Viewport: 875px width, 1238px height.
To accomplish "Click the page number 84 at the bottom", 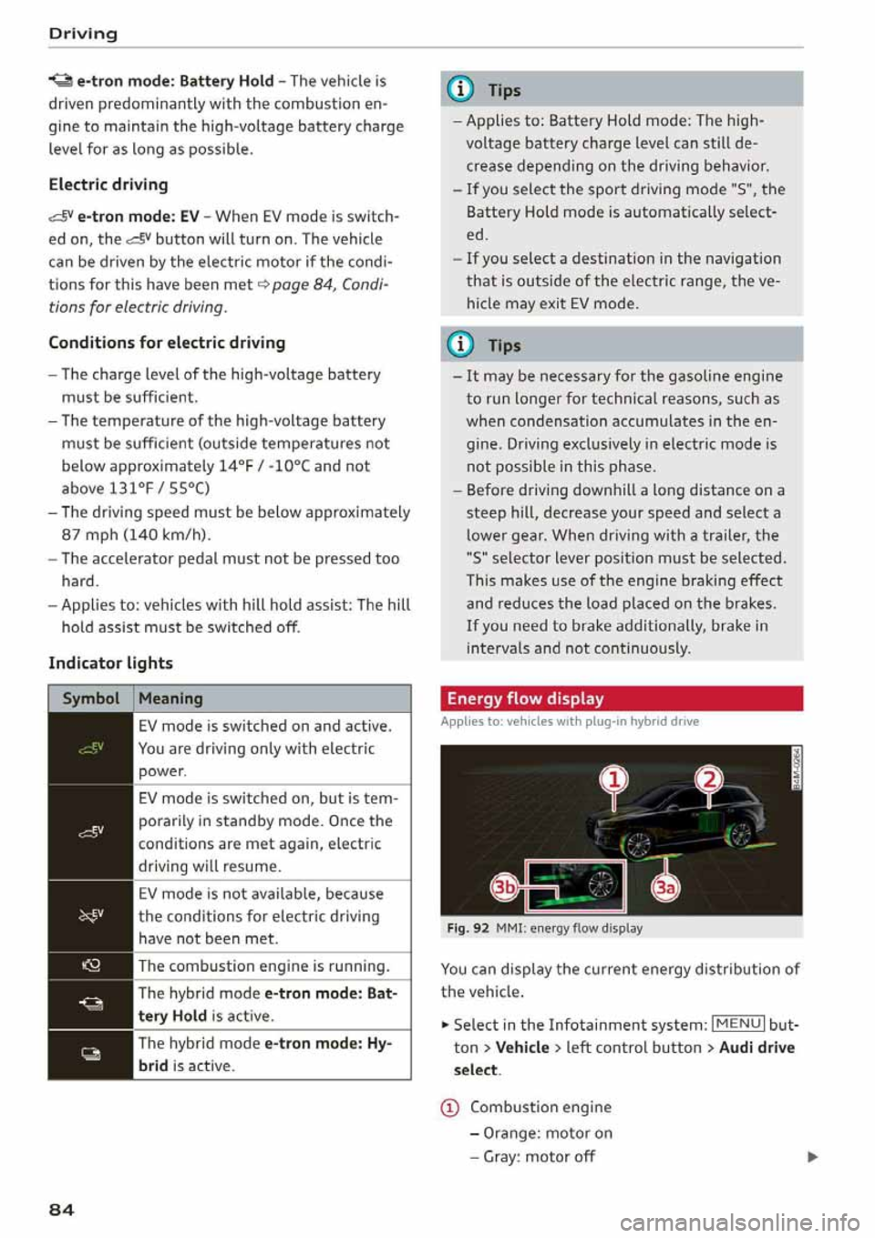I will point(61,1210).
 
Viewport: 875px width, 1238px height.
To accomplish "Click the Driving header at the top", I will point(83,34).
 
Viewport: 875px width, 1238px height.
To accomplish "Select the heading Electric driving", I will point(108,184).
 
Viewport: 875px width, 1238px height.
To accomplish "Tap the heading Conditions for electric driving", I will point(167,343).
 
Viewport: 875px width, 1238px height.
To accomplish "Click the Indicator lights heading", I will point(110,663).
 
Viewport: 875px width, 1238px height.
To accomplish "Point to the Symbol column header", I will point(90,698).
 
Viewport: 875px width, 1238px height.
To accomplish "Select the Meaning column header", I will point(170,698).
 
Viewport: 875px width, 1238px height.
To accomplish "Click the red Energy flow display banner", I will point(621,698).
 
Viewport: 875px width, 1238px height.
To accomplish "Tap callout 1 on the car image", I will point(614,779).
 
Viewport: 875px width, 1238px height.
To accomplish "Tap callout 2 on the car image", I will point(708,779).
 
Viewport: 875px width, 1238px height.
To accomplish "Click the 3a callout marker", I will point(666,887).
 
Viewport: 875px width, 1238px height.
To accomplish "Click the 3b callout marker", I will point(505,887).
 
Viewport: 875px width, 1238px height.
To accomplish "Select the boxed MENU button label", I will point(738,1024).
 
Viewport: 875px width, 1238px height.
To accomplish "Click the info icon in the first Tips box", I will point(462,89).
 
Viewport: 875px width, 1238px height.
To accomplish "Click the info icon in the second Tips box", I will point(462,345).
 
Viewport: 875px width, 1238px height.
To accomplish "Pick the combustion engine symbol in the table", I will point(91,965).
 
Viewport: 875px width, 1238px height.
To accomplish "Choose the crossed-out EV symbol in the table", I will point(91,915).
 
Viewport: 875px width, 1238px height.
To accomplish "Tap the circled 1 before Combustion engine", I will point(449,1108).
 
